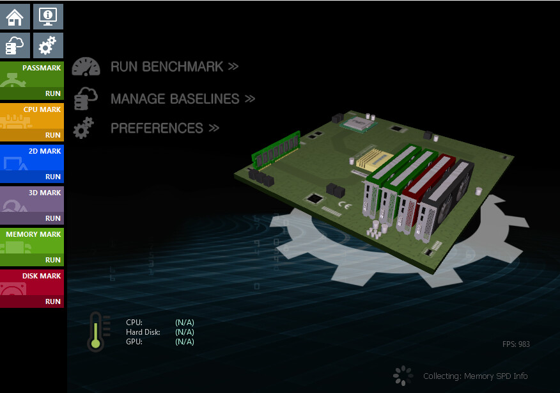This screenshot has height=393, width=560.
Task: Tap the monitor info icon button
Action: click(x=48, y=17)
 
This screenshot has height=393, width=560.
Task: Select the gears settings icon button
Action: click(x=48, y=46)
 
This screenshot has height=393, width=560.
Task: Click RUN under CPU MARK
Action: click(x=52, y=135)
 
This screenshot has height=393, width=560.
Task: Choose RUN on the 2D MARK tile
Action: click(x=52, y=177)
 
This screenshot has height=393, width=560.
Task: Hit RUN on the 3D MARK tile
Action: click(x=52, y=218)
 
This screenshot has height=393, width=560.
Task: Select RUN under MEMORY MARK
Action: click(x=52, y=260)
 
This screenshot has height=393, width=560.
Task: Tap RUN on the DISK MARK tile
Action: click(x=52, y=301)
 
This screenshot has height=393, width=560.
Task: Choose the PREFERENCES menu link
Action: click(x=164, y=128)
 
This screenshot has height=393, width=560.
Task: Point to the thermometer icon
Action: click(x=96, y=332)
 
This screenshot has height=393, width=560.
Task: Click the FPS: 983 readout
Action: click(x=516, y=344)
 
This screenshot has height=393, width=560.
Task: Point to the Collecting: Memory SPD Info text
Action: click(x=475, y=376)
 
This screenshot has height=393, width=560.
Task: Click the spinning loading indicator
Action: click(x=402, y=376)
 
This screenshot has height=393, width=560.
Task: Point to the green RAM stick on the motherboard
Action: click(x=276, y=148)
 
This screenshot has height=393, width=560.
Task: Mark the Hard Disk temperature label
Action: click(x=143, y=332)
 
